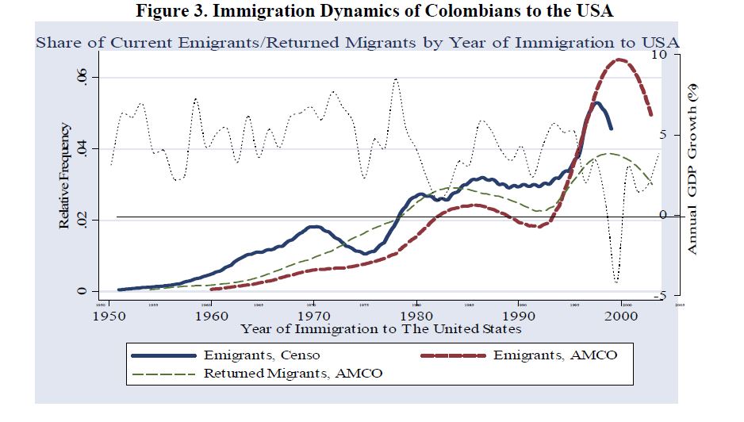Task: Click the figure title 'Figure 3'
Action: tap(170, 12)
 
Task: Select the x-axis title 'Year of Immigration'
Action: tap(382, 328)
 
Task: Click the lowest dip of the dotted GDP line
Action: tap(616, 281)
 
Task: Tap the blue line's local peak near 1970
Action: tap(314, 227)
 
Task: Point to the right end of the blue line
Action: tap(610, 128)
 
